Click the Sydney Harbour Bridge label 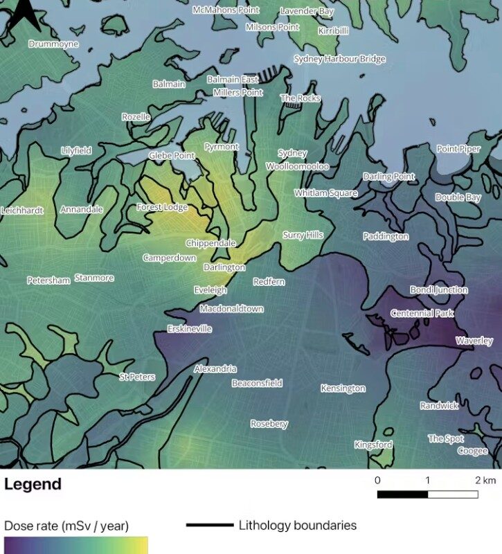coord(339,59)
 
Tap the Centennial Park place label coord(422,314)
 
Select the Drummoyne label coord(53,44)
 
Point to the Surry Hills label coord(303,235)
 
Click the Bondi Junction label coord(438,290)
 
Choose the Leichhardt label coord(22,210)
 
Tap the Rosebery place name coord(269,424)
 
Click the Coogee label coord(472,451)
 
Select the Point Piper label coord(458,149)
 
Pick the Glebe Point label coord(172,156)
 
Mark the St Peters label coord(137,377)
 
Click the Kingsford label coord(373,445)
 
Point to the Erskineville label coord(189,329)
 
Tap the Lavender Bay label coord(306,12)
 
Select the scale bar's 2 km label coord(485,480)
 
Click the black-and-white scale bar coord(427,494)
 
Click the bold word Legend coord(33,484)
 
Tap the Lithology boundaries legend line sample coord(209,526)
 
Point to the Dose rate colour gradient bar coord(75,546)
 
